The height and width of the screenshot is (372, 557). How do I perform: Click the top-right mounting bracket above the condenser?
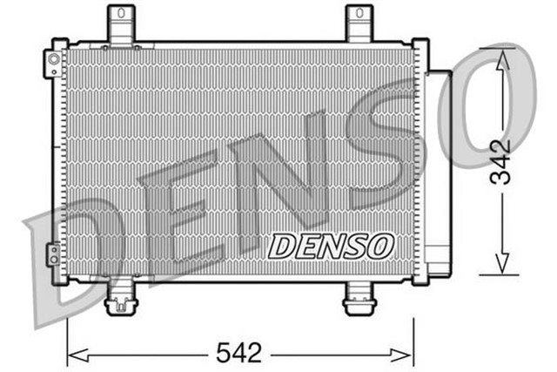click(359, 24)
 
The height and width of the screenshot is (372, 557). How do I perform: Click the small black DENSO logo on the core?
click(330, 246)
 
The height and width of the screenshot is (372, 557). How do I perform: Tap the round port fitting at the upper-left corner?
click(54, 60)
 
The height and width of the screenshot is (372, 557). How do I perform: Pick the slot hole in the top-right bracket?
click(359, 17)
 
